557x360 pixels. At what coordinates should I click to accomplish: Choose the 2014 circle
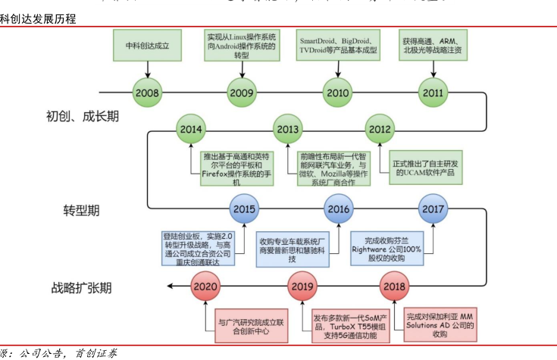(x=192, y=130)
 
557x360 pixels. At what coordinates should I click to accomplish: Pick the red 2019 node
(x=303, y=286)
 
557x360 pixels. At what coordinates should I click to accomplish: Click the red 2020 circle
(x=206, y=286)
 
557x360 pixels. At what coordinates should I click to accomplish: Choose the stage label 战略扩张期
(x=82, y=288)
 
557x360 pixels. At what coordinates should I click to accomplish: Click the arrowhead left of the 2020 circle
(x=171, y=286)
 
